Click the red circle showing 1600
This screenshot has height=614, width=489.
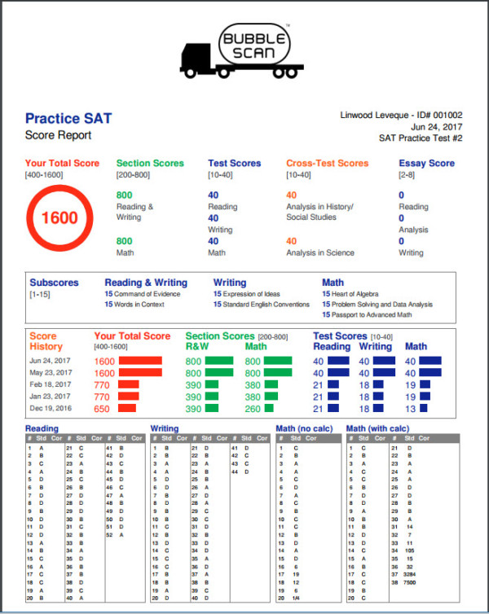tap(59, 218)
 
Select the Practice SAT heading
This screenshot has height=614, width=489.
tap(68, 119)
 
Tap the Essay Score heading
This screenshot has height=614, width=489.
tap(426, 163)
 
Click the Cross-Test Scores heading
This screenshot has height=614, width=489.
tap(327, 163)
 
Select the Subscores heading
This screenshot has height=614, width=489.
tap(54, 283)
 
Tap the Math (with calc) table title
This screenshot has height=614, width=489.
tap(379, 428)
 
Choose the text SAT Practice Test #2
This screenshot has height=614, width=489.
tap(421, 138)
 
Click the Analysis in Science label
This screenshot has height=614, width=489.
tap(320, 252)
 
